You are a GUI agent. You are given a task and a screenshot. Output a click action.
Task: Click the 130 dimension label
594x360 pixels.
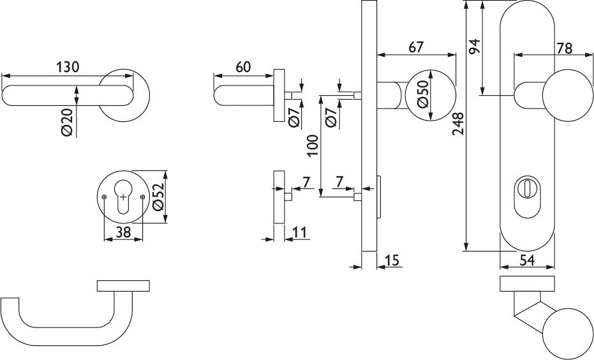coord(68,66)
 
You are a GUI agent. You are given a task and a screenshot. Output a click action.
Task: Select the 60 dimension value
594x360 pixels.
coord(242,66)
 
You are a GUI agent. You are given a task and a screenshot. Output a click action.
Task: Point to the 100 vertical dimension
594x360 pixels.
coord(311,146)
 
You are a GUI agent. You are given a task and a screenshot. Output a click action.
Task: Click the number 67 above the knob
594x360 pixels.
coord(417,47)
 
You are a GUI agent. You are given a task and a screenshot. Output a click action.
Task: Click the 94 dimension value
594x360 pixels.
coord(473,47)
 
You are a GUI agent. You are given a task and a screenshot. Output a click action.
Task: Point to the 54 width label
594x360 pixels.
coord(526,259)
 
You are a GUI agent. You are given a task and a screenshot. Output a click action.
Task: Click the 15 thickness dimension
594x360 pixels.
coord(392,260)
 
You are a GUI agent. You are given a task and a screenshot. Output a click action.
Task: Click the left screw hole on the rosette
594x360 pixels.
coord(103,198)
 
